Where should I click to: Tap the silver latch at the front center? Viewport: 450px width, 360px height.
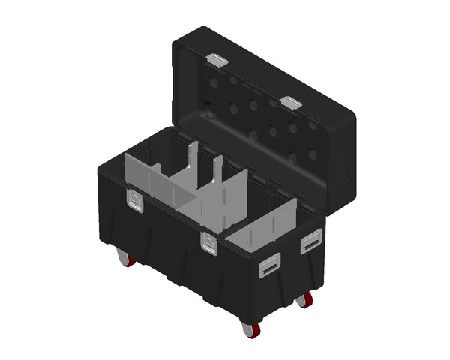click(208, 242)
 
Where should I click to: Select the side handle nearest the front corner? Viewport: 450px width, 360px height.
click(270, 264)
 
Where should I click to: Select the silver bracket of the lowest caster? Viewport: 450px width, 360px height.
click(244, 324)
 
